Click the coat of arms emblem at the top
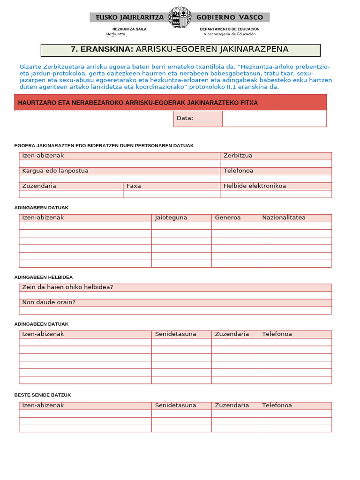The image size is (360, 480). tap(180, 17)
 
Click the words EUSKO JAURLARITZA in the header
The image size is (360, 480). tap(130, 17)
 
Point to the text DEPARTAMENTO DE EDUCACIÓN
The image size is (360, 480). tap(229, 29)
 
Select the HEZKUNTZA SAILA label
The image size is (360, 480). tap(129, 29)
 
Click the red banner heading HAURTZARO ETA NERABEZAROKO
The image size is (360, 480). tap(138, 103)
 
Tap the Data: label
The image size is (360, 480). tap(185, 118)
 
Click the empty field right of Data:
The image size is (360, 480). tap(274, 119)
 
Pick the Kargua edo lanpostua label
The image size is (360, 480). tap(55, 171)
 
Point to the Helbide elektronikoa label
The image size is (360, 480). tap(255, 186)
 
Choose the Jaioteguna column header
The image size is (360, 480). tap(171, 218)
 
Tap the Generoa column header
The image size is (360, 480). tap(228, 218)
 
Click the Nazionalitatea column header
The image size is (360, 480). tap(284, 218)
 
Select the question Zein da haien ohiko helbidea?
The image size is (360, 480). tap(67, 287)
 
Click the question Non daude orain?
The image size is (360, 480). tap(49, 302)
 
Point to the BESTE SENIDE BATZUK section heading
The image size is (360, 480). tap(43, 395)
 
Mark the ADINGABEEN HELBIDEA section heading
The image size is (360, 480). tap(44, 277)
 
